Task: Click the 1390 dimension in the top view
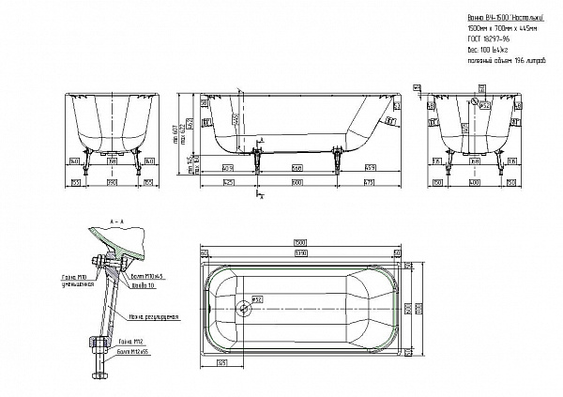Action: click(x=301, y=253)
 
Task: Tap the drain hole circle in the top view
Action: click(x=246, y=306)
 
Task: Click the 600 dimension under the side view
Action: click(x=297, y=181)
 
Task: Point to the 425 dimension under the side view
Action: click(x=228, y=181)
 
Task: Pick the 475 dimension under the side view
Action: click(x=369, y=181)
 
